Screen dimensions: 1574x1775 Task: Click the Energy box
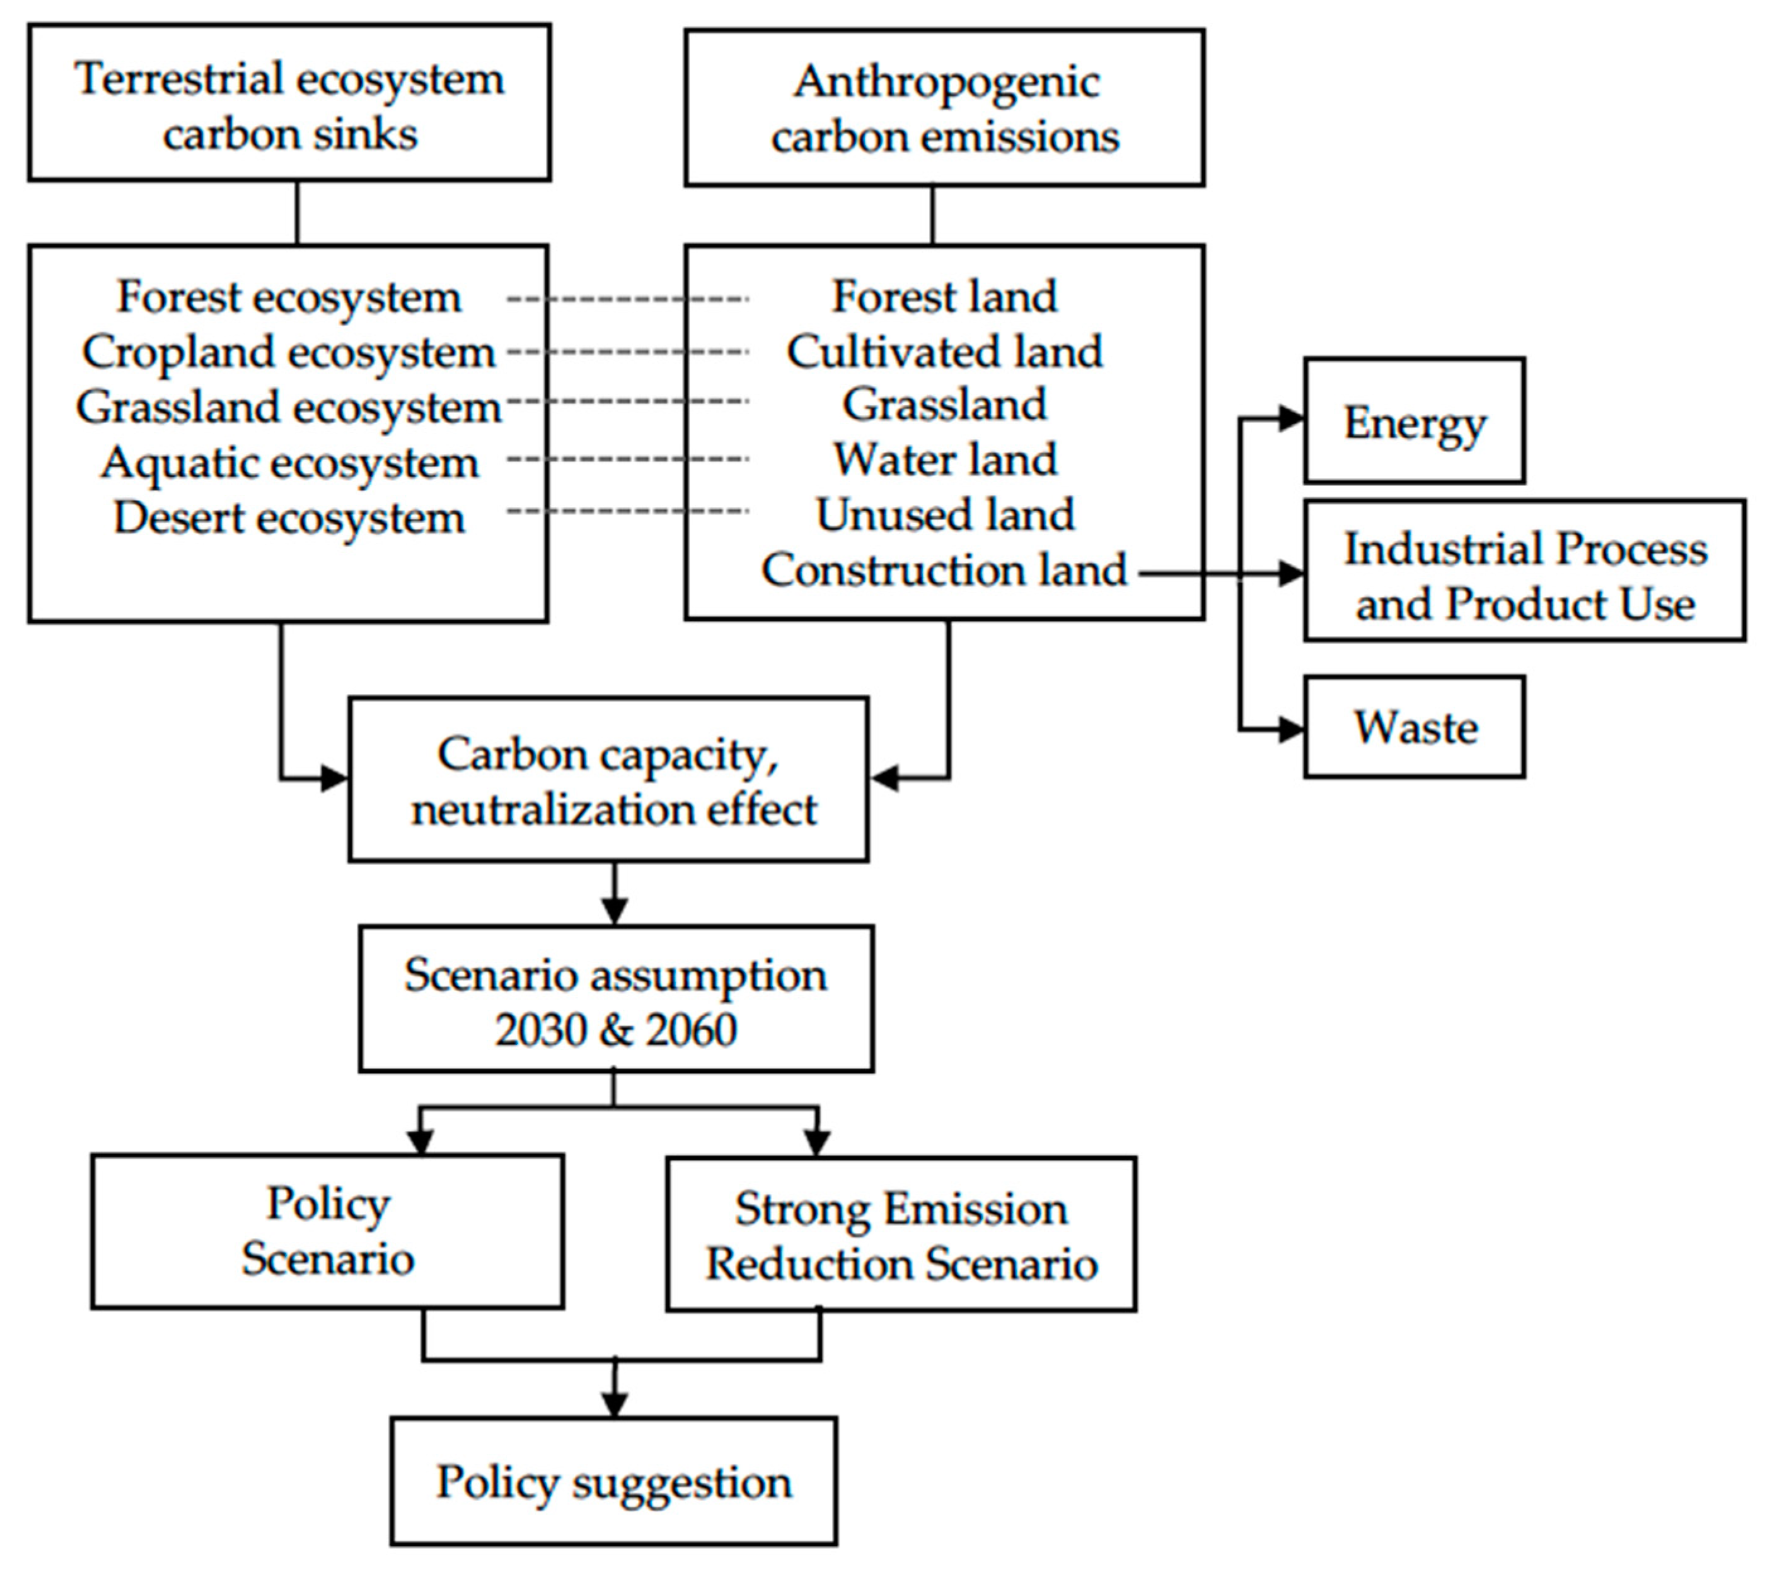pos(1414,421)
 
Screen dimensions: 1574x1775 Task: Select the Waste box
pos(1414,727)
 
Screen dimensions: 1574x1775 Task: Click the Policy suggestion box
pos(613,1481)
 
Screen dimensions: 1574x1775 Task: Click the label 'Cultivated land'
pos(944,352)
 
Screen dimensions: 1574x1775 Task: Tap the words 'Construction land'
pos(944,570)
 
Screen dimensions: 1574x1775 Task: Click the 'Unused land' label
pos(944,514)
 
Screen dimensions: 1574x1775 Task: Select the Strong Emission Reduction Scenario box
pos(901,1234)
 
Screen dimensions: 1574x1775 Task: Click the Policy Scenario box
pos(327,1231)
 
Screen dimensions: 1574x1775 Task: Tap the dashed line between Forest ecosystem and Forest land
pos(627,299)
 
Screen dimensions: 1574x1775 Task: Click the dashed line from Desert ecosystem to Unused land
pos(627,511)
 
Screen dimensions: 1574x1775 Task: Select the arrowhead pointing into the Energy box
pos(1292,419)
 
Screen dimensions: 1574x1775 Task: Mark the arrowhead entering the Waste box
pos(1292,730)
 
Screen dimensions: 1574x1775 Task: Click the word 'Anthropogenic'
pos(945,83)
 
